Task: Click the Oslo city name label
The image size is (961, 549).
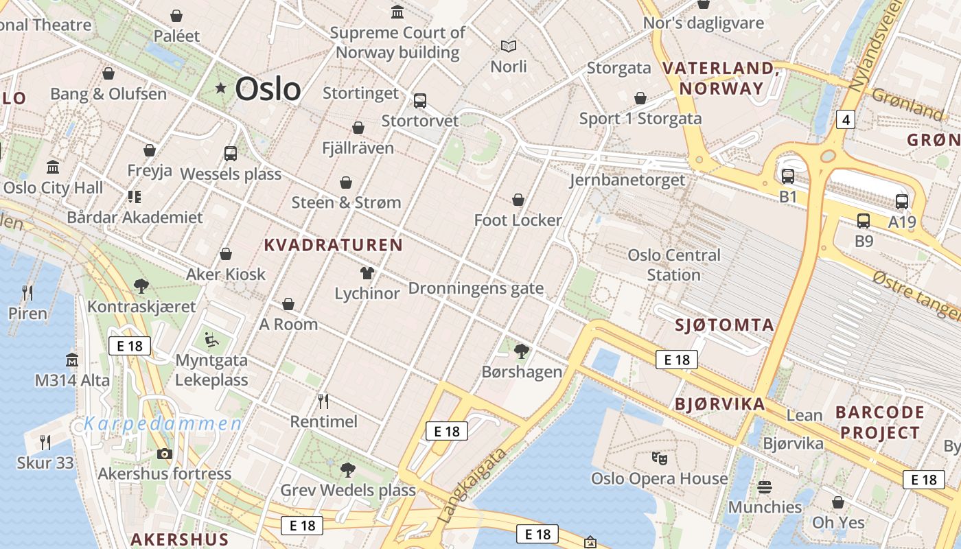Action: coord(268,89)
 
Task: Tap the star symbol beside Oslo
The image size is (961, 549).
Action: coord(220,88)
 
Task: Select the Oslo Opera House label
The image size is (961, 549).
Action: coord(659,478)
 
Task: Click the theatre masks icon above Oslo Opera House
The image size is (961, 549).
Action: coord(659,457)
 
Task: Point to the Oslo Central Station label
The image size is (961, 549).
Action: coord(673,265)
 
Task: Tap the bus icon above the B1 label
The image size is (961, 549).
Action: coord(787,176)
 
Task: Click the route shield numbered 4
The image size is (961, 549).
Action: coord(846,120)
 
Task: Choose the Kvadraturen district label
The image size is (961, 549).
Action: coord(333,245)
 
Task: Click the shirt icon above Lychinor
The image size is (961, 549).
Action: coord(367,272)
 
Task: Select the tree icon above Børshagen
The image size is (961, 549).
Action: coord(522,351)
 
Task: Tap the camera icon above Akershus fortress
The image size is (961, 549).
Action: coord(164,453)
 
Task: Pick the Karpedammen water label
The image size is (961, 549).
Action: coord(163,423)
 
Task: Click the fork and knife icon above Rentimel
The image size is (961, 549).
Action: coord(323,400)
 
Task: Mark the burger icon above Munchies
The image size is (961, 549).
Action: coord(765,487)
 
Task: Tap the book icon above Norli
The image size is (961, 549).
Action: coord(509,46)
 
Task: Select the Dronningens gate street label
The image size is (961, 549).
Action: coord(476,288)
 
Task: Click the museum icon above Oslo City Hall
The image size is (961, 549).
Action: coord(53,167)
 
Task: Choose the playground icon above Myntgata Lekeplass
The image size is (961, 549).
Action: coord(211,339)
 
